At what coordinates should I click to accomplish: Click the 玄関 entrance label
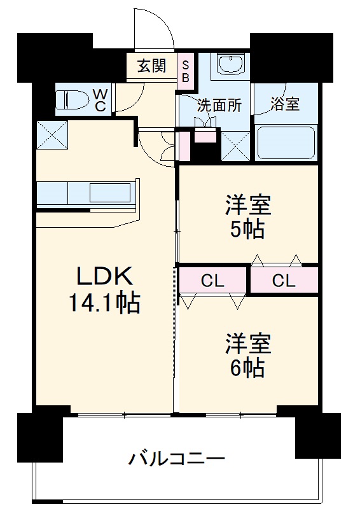point(152,66)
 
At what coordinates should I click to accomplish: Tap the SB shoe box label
point(186,71)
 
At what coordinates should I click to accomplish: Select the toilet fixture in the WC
point(71,100)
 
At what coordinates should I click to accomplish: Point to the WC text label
point(100,100)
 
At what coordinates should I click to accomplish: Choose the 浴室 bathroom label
point(285,104)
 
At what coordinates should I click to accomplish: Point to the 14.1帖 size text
point(105,303)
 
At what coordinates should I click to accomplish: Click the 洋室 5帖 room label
point(248,216)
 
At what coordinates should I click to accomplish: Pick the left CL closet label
point(212,281)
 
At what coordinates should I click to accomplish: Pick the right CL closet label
point(283,281)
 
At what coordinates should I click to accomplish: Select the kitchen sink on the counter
point(111,192)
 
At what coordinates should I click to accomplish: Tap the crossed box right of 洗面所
point(235,146)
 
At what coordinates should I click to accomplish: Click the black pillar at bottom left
point(39,439)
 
